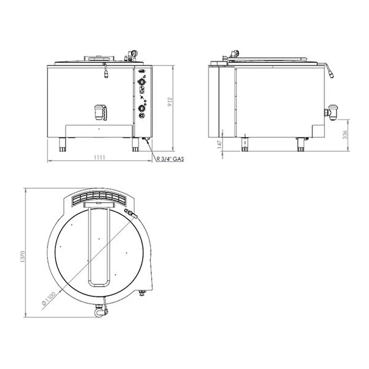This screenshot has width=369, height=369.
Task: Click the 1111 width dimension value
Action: pos(99,157)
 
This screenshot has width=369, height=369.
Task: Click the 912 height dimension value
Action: pos(170,102)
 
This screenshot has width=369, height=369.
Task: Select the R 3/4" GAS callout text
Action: pos(170,159)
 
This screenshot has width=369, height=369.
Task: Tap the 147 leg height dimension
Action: pos(220,145)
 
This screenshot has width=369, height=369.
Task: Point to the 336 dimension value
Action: pos(345,135)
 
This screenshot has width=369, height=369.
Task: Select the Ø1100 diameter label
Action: pos(49,298)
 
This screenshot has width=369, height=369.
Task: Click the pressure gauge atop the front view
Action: pos(134,53)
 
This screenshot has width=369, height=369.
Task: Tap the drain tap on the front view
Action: pos(100,113)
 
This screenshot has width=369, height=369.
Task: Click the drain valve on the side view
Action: pos(331,113)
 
